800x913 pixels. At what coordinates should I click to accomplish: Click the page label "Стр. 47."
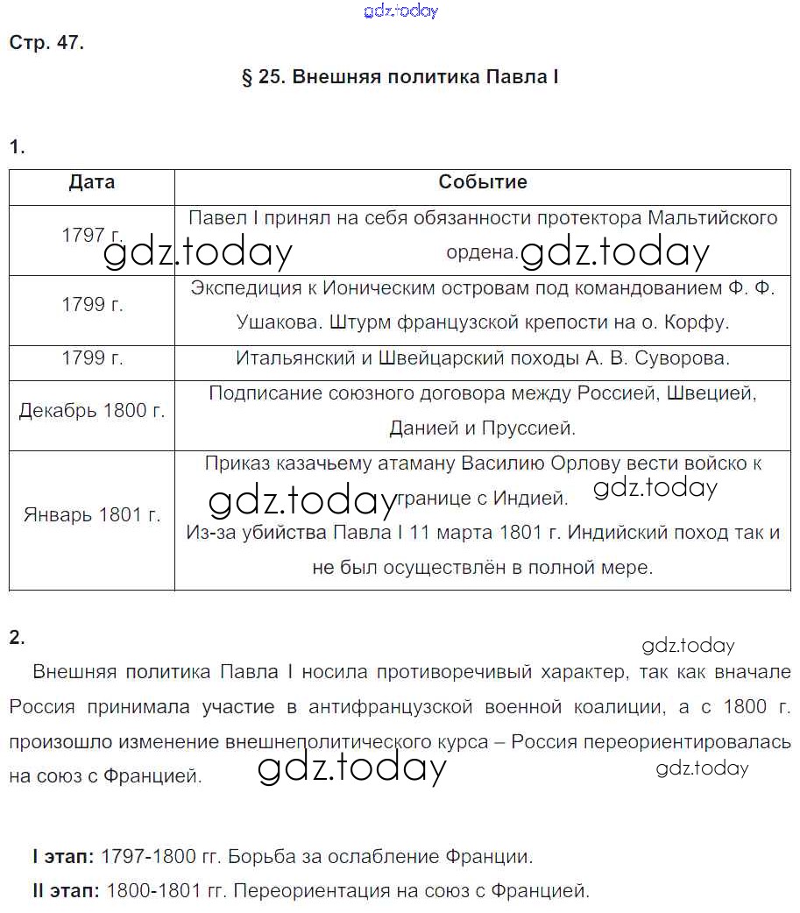pos(46,43)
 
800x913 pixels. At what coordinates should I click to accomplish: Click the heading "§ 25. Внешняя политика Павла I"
pos(400,77)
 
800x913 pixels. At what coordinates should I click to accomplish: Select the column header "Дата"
pos(92,182)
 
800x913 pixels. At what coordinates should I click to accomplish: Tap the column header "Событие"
pos(483,182)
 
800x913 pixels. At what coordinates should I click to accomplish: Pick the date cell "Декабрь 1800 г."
pos(92,410)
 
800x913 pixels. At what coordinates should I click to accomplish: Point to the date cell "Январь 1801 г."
pos(92,514)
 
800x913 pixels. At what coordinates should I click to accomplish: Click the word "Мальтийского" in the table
pos(713,217)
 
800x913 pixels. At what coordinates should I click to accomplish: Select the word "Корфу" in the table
pos(699,322)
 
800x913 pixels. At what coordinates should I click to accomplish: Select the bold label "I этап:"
pos(63,856)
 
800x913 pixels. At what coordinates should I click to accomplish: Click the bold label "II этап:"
pos(66,892)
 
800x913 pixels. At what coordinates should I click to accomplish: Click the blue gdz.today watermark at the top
pos(400,11)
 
